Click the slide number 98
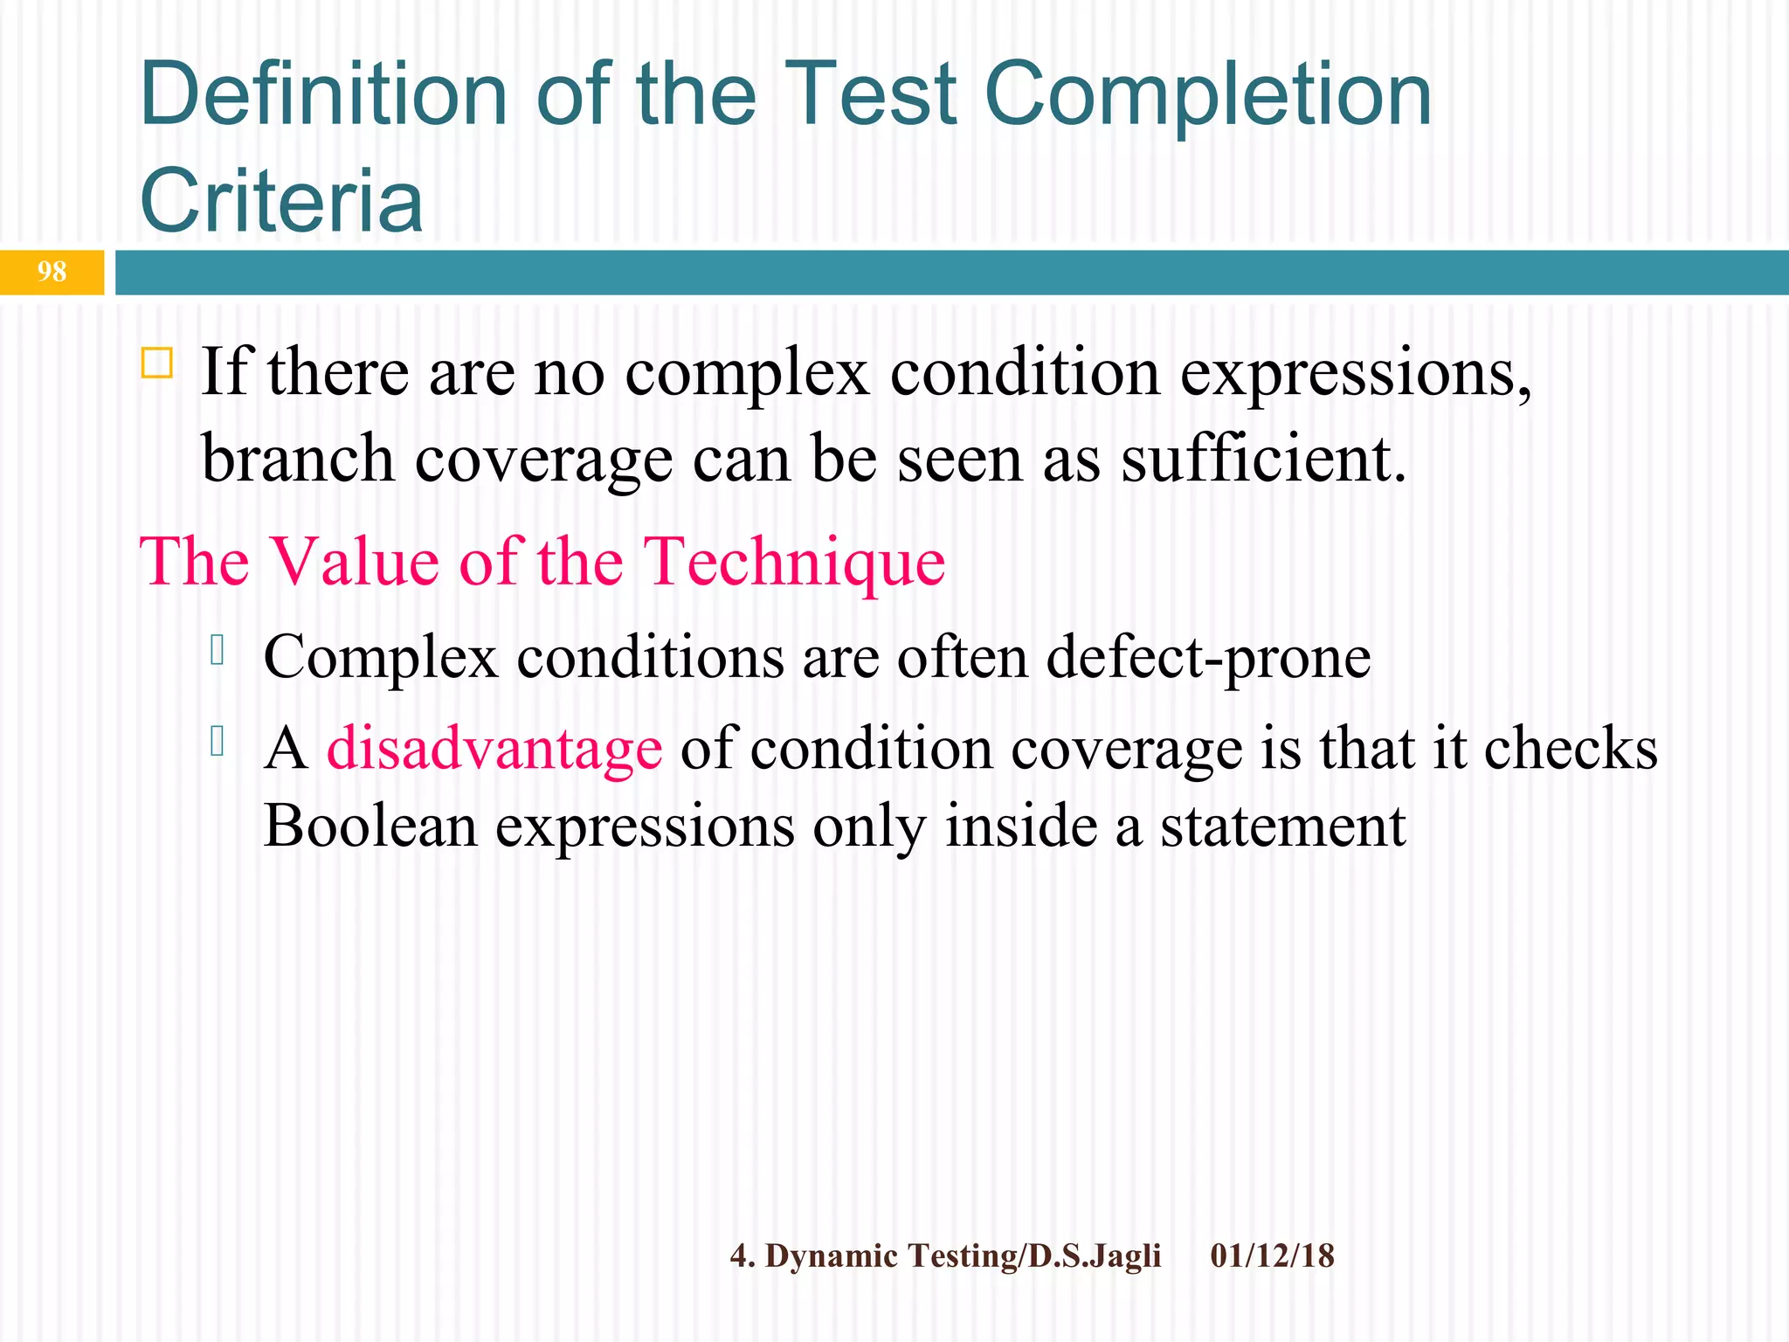click(x=52, y=272)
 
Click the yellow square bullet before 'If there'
click(x=156, y=362)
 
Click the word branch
click(x=298, y=460)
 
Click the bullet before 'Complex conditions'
click(x=218, y=651)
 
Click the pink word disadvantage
click(x=494, y=750)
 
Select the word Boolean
click(x=370, y=826)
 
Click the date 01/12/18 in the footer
click(x=1272, y=1256)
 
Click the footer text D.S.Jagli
click(x=1095, y=1256)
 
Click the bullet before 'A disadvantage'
click(x=218, y=743)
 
